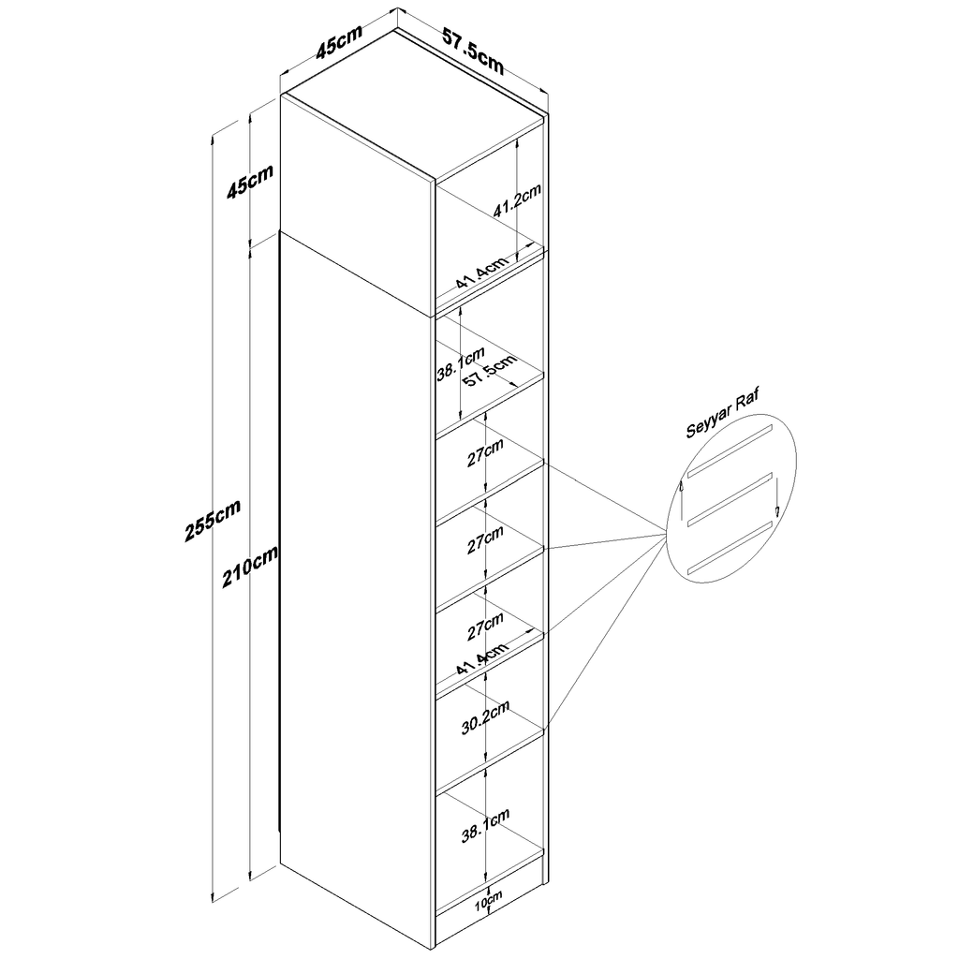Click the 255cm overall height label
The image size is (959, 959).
[213, 521]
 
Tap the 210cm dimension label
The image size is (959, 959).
[249, 566]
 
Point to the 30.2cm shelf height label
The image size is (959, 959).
[485, 716]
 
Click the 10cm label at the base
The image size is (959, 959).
[488, 901]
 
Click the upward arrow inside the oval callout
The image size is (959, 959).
[681, 500]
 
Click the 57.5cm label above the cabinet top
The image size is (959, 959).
[473, 52]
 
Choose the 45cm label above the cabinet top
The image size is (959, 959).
[339, 41]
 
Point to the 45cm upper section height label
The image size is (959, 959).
[249, 181]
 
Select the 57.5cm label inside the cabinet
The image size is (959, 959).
[489, 371]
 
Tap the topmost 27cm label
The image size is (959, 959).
[485, 452]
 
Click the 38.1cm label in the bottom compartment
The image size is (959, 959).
[485, 826]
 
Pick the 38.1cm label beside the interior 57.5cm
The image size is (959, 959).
[461, 363]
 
